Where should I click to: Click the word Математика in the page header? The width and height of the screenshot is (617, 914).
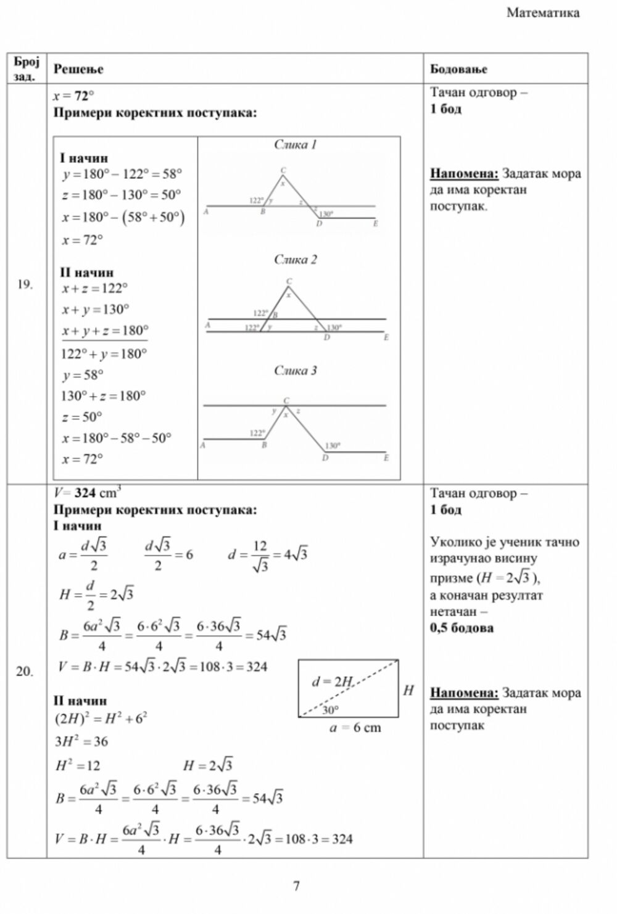(543, 13)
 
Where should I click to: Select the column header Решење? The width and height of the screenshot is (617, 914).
(78, 69)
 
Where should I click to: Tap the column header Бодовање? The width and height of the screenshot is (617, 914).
(458, 69)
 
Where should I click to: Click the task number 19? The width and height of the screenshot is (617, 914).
(25, 284)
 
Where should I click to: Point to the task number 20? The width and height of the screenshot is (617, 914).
(25, 672)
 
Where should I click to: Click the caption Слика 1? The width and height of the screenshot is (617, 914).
(295, 145)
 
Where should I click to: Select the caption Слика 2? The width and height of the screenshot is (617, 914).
(295, 260)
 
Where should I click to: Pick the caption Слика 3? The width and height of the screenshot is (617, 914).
(295, 371)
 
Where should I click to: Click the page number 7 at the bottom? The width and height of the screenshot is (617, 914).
(296, 886)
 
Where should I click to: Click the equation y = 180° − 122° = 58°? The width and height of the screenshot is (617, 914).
(122, 175)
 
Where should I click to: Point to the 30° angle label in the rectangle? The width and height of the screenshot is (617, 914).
(329, 710)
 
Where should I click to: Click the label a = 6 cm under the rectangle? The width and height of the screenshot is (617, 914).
(355, 728)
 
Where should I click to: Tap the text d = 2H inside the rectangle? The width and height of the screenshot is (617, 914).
(332, 682)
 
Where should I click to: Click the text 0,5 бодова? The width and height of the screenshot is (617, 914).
(462, 628)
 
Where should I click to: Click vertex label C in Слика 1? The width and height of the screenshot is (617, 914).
(283, 170)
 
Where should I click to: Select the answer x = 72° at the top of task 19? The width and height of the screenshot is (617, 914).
(73, 96)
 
